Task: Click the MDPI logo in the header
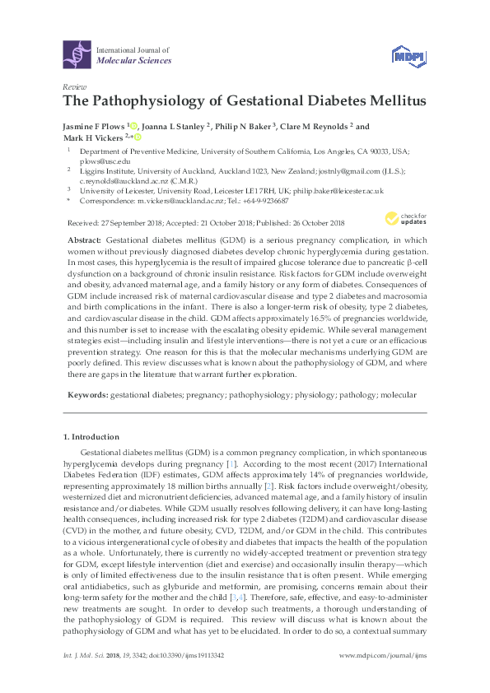click(403, 55)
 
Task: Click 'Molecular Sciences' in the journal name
click(134, 61)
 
